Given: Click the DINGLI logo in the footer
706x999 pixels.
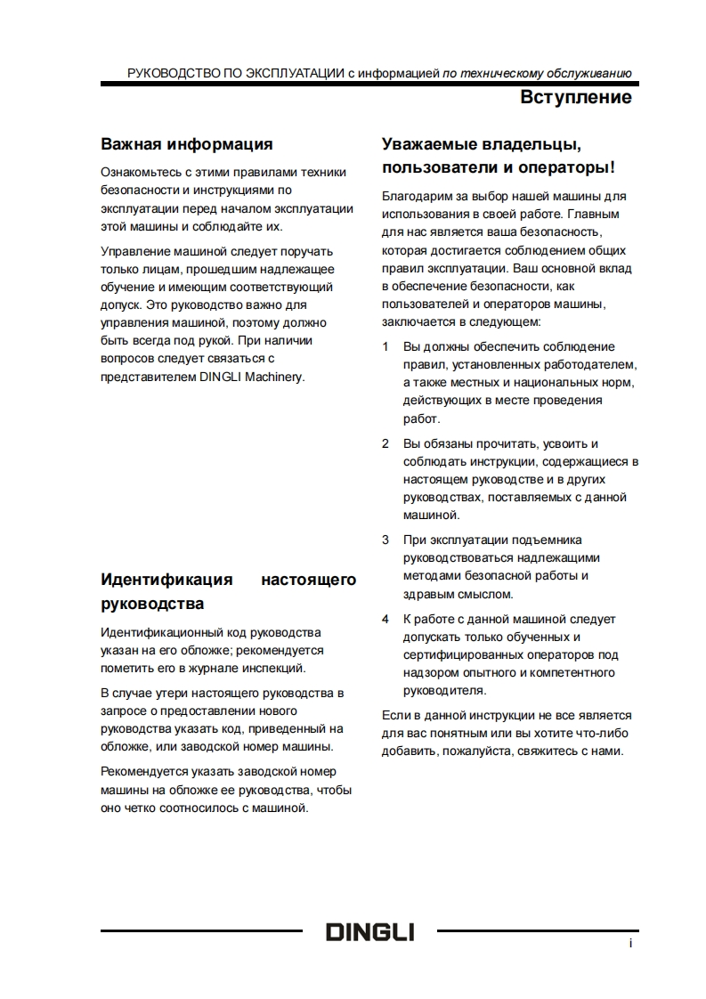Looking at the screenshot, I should (369, 932).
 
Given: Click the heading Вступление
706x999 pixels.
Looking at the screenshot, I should (576, 97).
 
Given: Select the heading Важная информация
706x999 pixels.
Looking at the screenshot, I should (186, 143).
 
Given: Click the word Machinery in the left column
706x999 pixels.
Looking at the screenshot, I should (277, 377).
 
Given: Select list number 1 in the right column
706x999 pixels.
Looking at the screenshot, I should (385, 346).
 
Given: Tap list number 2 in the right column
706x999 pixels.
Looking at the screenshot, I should (385, 443).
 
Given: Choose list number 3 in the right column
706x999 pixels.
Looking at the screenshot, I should (385, 540).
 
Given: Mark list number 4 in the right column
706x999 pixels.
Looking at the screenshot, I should (385, 619).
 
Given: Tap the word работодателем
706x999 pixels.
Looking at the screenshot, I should (596, 364).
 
